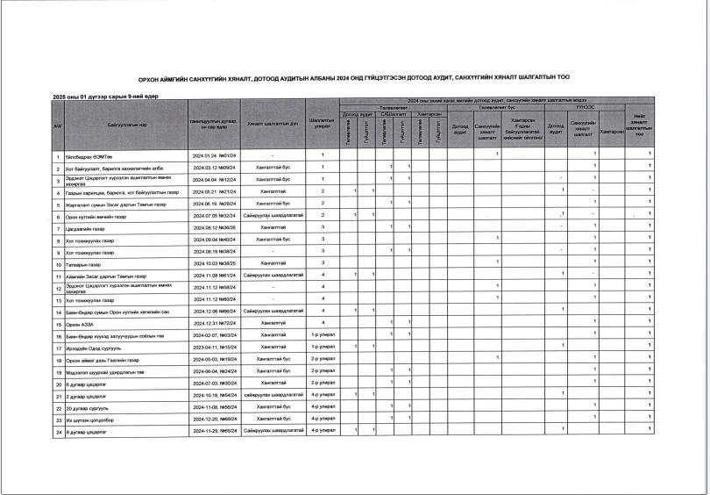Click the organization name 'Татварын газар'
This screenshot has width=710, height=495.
pyautogui.click(x=83, y=262)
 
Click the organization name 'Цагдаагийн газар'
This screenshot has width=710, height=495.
pyautogui.click(x=84, y=227)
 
